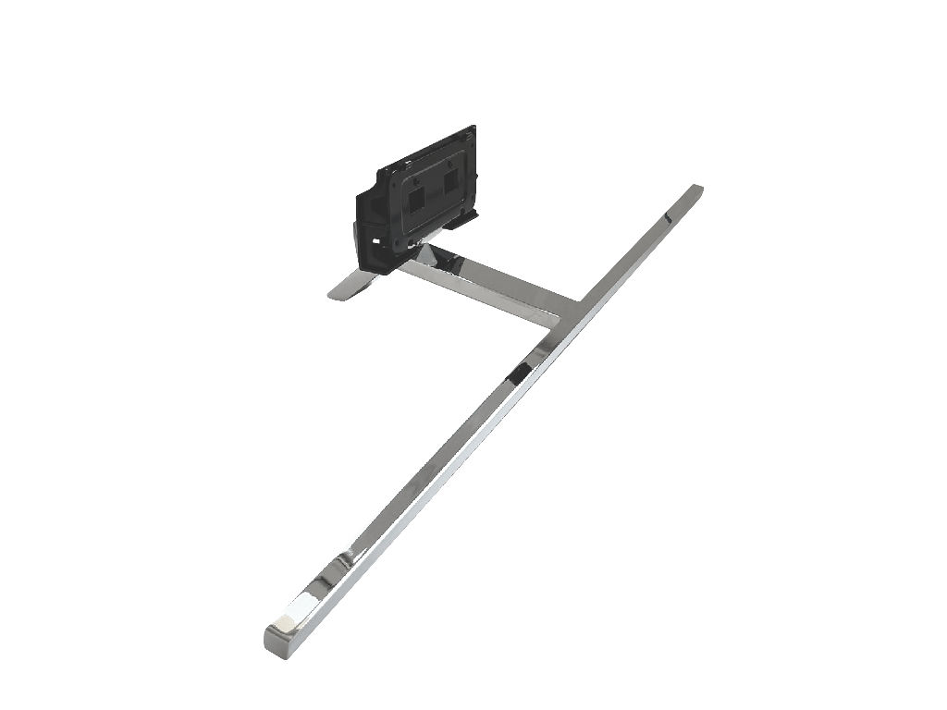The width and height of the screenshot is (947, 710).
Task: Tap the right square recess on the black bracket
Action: [450, 181]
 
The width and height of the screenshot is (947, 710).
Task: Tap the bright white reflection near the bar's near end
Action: [299, 610]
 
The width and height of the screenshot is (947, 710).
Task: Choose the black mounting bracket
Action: [421, 199]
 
